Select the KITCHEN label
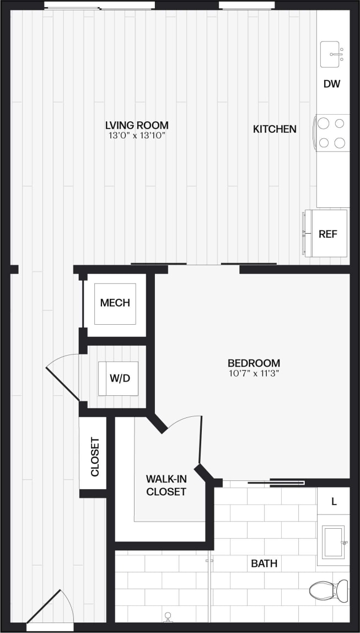coord(275,129)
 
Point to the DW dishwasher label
coord(332,84)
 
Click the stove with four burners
coord(332,132)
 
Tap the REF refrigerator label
coord(328,233)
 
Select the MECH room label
coord(115,303)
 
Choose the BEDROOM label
coord(254,363)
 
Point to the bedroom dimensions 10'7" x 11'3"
coord(254,373)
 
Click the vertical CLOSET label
coord(94,457)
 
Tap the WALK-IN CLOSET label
coord(166,485)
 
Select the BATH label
coord(264,564)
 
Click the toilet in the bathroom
coord(329,591)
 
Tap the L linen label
coord(334,502)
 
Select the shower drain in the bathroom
coord(168,615)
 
